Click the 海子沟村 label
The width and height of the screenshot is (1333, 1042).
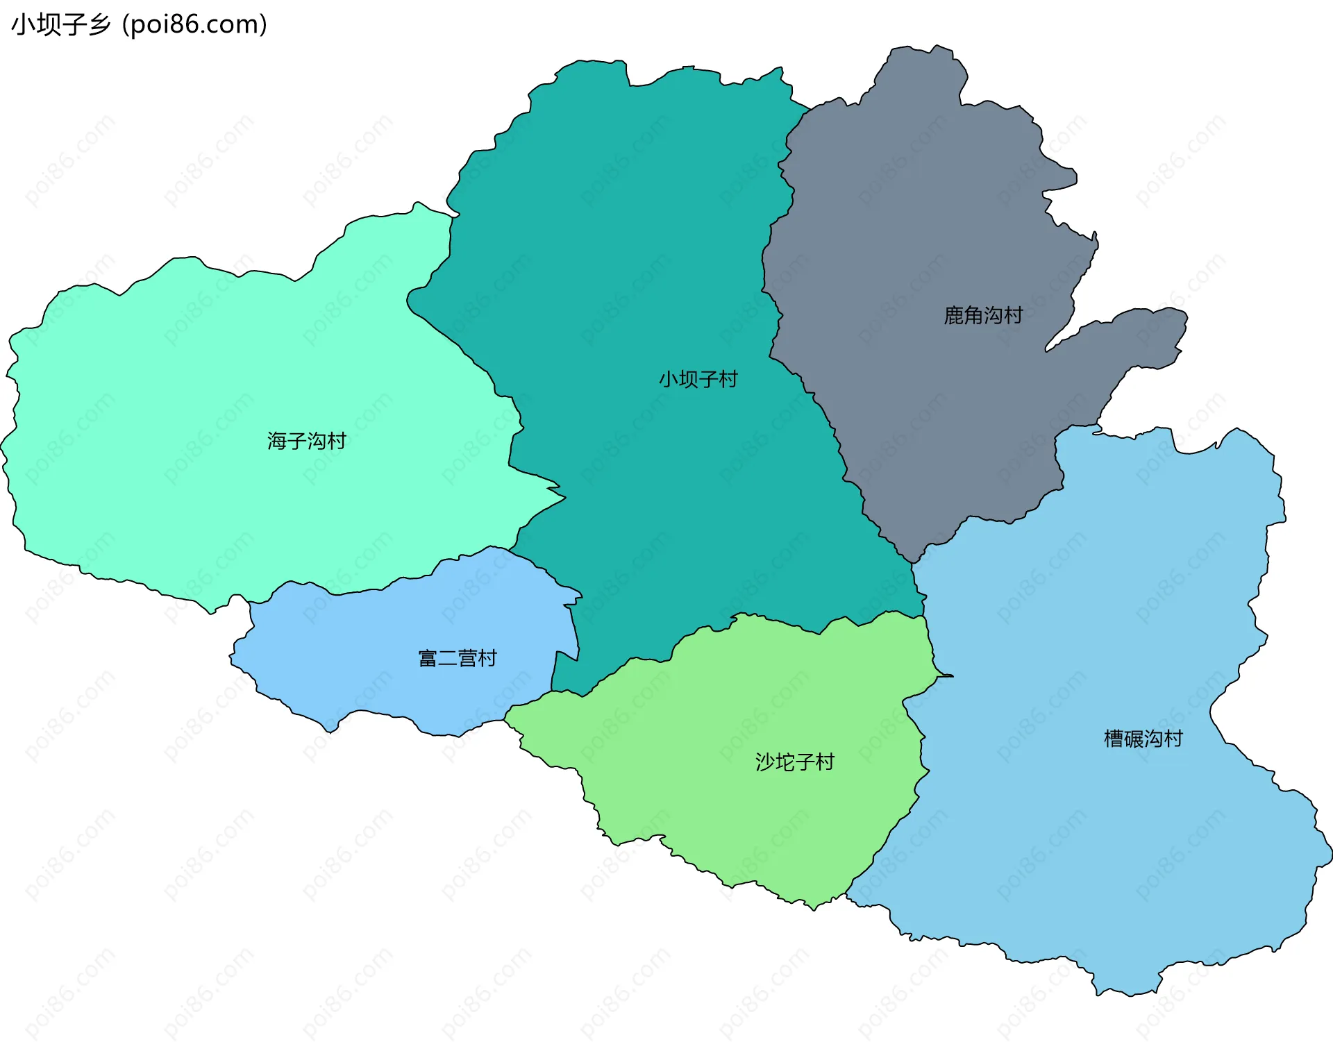307,441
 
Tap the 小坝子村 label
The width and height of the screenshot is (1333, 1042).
698,379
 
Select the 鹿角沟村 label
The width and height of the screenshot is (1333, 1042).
983,315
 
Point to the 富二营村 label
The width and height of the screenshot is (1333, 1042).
458,658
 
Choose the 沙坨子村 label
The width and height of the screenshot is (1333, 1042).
794,762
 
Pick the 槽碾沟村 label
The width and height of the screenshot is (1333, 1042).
1143,738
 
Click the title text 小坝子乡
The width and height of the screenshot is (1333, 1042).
61,25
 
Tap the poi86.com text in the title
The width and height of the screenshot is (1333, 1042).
194,25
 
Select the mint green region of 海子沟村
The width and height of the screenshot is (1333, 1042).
174,417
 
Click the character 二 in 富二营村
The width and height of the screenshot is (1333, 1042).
448,658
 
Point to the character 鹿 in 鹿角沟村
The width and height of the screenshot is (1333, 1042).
954,315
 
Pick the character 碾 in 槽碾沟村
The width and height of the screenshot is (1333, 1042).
1133,738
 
